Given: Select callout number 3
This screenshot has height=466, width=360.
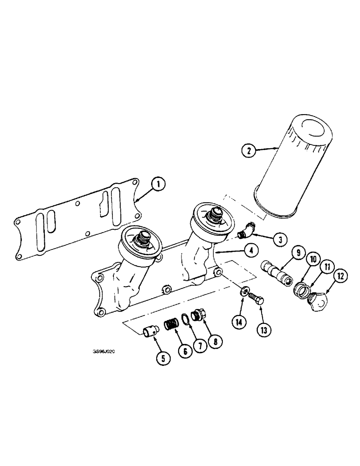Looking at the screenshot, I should pyautogui.click(x=280, y=240).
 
